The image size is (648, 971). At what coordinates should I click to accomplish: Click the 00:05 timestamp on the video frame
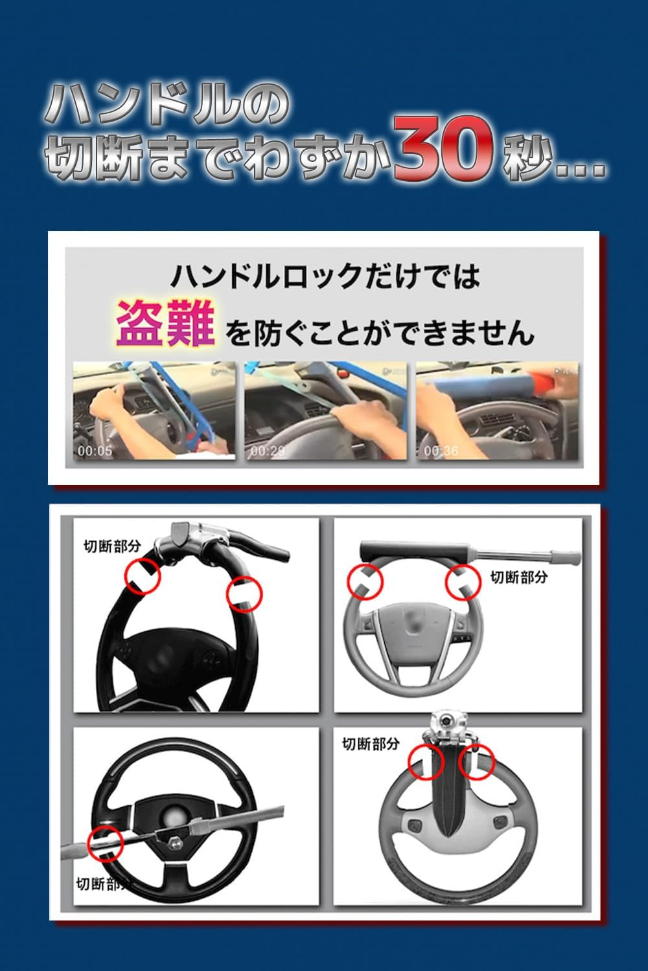(x=95, y=451)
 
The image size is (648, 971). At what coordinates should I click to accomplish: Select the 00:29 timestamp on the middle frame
(x=266, y=451)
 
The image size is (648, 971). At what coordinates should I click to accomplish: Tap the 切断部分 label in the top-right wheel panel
(x=518, y=576)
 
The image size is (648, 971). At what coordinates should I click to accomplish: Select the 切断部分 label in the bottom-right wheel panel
(x=371, y=744)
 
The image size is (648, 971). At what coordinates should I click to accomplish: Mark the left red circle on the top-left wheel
(x=143, y=575)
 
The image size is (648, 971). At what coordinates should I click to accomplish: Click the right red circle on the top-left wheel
(x=244, y=594)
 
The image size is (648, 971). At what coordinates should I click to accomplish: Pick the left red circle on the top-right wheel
(x=365, y=581)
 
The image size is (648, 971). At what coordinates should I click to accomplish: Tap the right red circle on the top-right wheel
(x=463, y=581)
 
